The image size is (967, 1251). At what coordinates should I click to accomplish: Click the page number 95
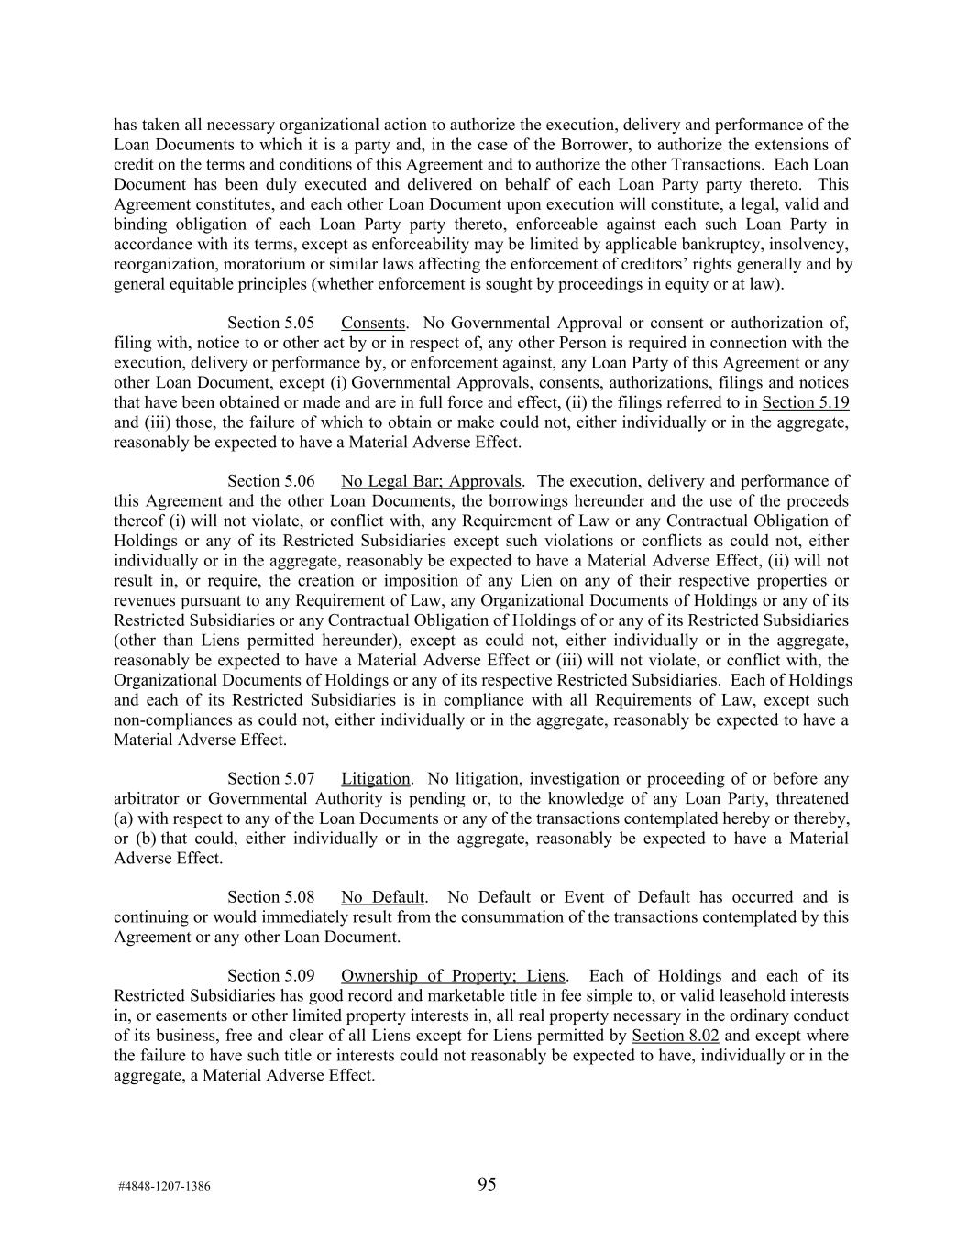[x=487, y=1184]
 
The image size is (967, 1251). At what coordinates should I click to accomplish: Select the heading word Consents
[x=373, y=323]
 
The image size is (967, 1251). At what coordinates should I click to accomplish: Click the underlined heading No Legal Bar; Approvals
[x=431, y=481]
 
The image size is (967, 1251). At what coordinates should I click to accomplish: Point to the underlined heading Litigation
[x=375, y=779]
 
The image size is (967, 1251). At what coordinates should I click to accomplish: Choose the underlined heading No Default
[x=382, y=897]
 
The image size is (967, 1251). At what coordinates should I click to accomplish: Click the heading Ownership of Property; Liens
[x=453, y=976]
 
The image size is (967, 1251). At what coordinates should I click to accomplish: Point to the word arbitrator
[x=147, y=798]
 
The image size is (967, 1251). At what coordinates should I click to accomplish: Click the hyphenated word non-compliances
[x=167, y=719]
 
